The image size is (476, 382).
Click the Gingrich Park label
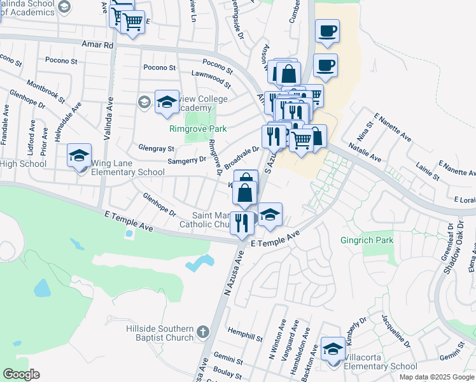point(366,241)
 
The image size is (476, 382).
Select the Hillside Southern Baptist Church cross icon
point(202,332)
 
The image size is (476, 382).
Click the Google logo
point(21,374)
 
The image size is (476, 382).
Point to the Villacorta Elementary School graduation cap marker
point(333,350)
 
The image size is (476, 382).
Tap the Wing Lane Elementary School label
point(128,172)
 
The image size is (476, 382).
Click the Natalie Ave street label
point(365,154)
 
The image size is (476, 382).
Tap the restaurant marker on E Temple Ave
point(242,223)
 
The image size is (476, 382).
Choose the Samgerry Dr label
point(186,160)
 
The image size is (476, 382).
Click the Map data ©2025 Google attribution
point(437,377)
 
